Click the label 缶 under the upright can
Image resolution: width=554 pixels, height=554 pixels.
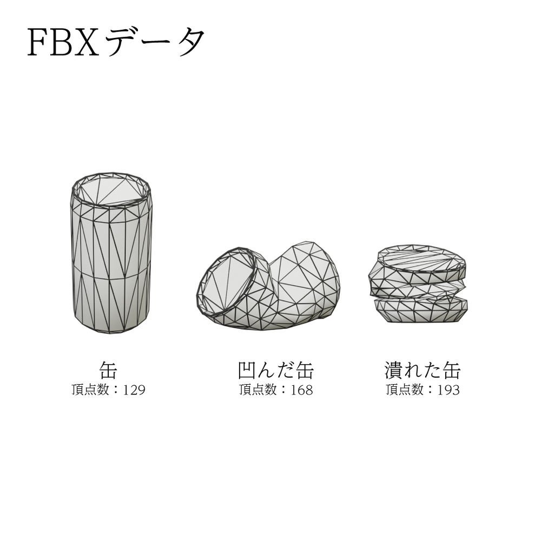(108, 371)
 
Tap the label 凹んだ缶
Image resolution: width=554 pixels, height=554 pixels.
(276, 371)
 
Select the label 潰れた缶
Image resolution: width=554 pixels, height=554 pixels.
(423, 371)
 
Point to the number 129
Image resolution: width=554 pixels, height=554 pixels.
(134, 390)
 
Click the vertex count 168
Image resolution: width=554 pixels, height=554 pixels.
(302, 390)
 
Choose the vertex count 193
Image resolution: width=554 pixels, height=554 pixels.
(449, 390)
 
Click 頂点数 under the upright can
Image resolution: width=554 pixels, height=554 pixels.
(90, 390)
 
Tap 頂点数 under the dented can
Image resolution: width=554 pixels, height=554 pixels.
(258, 390)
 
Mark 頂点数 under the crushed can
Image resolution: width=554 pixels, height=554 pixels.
(404, 390)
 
